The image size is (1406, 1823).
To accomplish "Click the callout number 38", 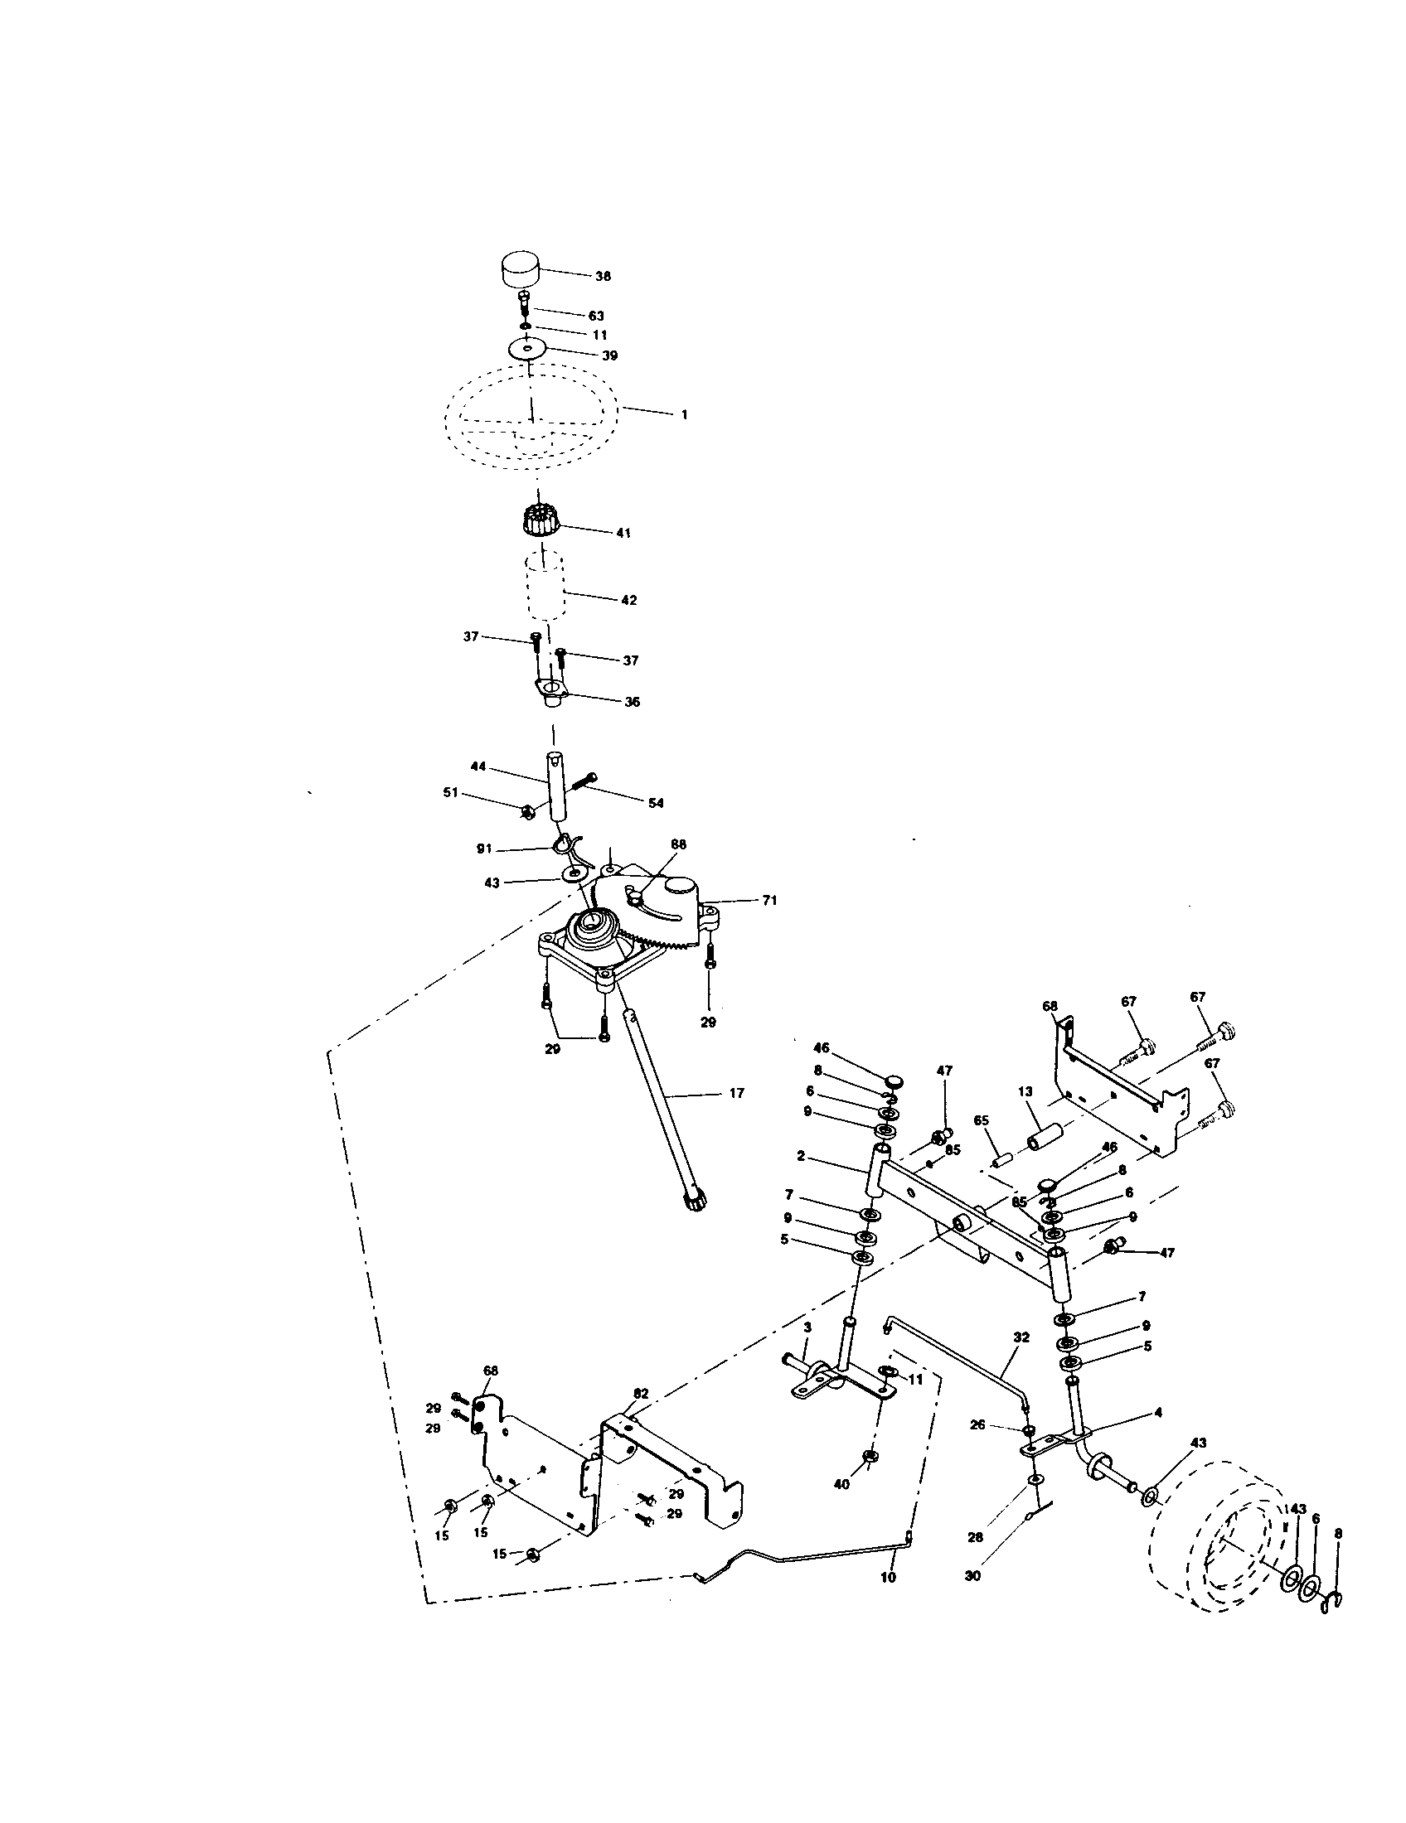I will (602, 276).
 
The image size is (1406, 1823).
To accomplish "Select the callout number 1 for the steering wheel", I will (684, 414).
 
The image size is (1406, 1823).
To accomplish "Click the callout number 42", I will (628, 600).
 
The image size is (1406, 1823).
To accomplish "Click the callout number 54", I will (656, 802).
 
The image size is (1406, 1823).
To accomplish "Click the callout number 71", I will (769, 900).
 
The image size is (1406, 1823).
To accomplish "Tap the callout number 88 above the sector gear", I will (677, 844).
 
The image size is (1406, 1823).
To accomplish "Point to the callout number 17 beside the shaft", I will (735, 1093).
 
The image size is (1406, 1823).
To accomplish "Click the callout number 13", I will (1025, 1091).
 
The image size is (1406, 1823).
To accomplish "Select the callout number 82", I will (640, 1393).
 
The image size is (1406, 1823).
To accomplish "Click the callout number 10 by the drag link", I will (888, 1578).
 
